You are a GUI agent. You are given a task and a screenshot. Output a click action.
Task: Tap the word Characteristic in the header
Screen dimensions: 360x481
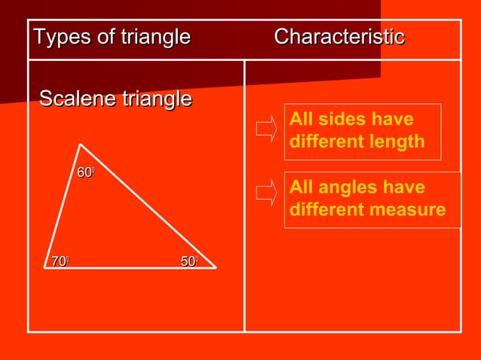pos(339,37)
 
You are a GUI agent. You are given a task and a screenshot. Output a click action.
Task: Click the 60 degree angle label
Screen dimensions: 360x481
pos(85,174)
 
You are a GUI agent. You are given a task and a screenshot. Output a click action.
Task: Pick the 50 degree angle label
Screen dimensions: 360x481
pos(189,261)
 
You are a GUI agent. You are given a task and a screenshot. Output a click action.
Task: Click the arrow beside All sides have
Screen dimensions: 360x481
pos(266,129)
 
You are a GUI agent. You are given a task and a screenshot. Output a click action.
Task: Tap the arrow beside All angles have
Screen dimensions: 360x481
pos(266,194)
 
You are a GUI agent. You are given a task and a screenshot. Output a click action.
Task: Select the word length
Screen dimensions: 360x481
pos(400,142)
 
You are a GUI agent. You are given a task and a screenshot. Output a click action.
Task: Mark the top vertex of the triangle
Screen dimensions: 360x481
pos(80,144)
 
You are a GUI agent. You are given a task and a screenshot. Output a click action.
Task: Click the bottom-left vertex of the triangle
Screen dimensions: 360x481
pos(43,267)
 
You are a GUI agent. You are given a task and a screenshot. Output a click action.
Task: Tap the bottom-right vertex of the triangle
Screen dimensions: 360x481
pos(216,267)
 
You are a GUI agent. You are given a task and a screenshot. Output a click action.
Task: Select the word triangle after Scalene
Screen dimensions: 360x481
pos(157,99)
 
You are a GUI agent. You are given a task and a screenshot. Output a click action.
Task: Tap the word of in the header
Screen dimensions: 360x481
pos(104,37)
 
